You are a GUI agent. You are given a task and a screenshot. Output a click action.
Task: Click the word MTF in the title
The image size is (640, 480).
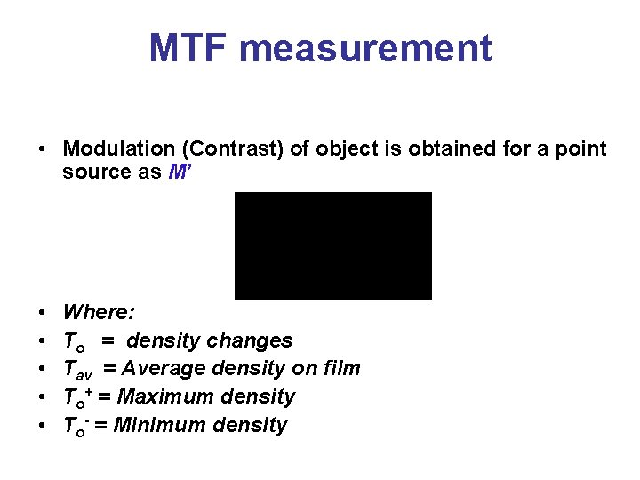(188, 48)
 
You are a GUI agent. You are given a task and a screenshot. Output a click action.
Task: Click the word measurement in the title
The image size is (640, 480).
(364, 48)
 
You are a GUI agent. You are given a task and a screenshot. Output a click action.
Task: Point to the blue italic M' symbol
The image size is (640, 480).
(178, 172)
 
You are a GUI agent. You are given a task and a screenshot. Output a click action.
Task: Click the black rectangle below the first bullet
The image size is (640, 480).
(332, 245)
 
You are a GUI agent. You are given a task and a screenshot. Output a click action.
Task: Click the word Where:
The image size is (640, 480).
(99, 312)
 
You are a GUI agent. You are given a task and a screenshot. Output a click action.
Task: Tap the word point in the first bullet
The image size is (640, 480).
(582, 149)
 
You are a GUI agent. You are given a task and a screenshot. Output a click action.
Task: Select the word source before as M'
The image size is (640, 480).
(94, 172)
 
